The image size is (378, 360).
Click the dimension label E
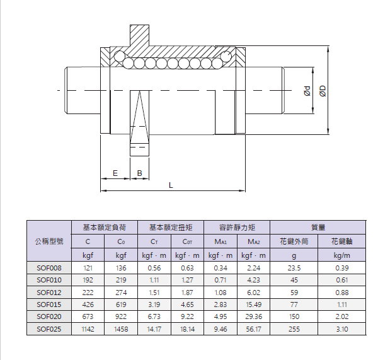click(115, 173)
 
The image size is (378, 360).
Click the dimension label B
click(140, 173)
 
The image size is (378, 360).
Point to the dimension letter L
click(171, 185)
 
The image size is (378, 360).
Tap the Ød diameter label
click(307, 91)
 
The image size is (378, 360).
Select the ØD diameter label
click(323, 91)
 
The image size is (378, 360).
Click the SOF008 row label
click(49, 268)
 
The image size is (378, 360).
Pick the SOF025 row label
click(49, 329)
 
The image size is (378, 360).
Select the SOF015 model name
click(49, 305)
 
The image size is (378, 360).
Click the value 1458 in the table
click(121, 329)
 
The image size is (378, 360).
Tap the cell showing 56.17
click(254, 329)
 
